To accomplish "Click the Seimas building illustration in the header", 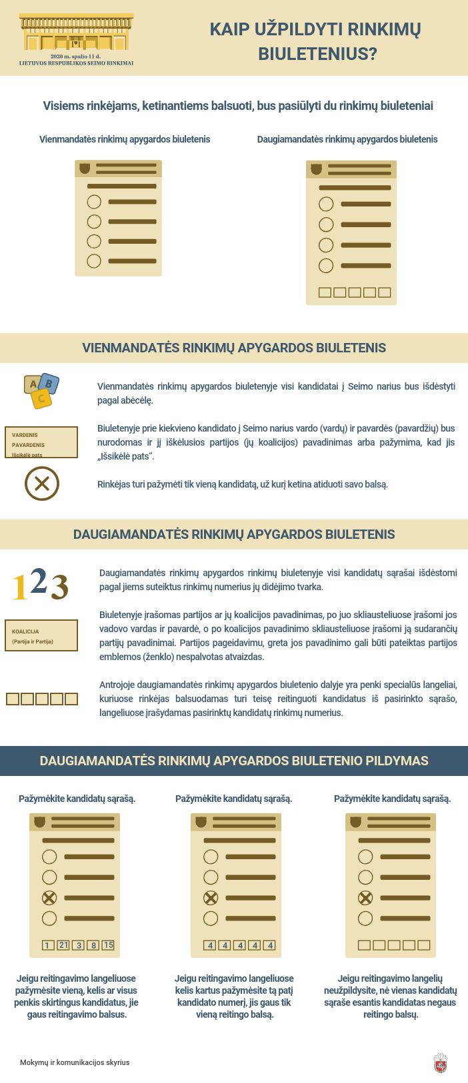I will [76, 33].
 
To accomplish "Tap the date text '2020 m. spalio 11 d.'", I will [76, 57].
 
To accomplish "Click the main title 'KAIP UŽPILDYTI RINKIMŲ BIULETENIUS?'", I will [316, 41].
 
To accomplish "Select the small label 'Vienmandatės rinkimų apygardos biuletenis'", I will [125, 139].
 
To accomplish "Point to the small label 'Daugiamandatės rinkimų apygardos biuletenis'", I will [347, 139].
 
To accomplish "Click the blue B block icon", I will [49, 384].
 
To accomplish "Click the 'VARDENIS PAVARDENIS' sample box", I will [41, 443].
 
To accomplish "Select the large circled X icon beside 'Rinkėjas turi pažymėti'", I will [42, 484].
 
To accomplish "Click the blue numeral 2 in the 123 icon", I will [39, 581].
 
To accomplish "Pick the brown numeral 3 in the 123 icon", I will [59, 587].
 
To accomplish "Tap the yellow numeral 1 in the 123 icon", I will [20, 587].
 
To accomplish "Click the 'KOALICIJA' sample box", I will [41, 635].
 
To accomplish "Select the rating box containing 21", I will [63, 945].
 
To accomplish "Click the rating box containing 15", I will [108, 945].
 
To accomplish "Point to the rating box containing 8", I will [93, 945].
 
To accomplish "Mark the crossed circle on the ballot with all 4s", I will [211, 898].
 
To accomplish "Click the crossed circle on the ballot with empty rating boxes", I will [365, 898].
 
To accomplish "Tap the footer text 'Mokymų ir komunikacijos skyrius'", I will [75, 1062].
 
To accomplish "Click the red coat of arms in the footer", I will [440, 1063].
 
